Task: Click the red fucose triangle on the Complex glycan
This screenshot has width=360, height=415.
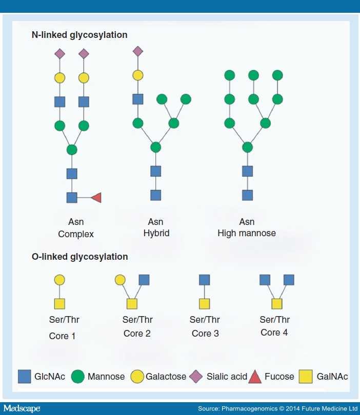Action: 96,197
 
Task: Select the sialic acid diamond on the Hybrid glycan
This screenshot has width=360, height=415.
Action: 137,51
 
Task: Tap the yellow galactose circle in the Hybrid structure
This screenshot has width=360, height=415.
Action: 137,75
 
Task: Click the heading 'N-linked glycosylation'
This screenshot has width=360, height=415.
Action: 79,35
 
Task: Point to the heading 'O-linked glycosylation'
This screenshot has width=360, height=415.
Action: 79,257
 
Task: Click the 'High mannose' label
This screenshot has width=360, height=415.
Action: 247,233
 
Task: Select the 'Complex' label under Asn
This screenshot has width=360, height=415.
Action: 76,234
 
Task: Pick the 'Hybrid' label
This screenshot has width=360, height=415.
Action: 156,233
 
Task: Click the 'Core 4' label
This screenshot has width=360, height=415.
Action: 270,333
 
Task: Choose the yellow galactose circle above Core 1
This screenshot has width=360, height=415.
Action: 59,280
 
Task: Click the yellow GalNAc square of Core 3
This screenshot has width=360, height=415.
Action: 205,304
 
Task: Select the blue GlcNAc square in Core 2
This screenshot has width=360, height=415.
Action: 144,280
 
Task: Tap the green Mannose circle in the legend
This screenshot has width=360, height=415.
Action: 78,377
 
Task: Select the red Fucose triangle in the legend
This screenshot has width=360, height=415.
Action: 255,377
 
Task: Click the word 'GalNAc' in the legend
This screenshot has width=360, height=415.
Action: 332,377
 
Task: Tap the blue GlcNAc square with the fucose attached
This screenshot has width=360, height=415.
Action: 72,197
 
